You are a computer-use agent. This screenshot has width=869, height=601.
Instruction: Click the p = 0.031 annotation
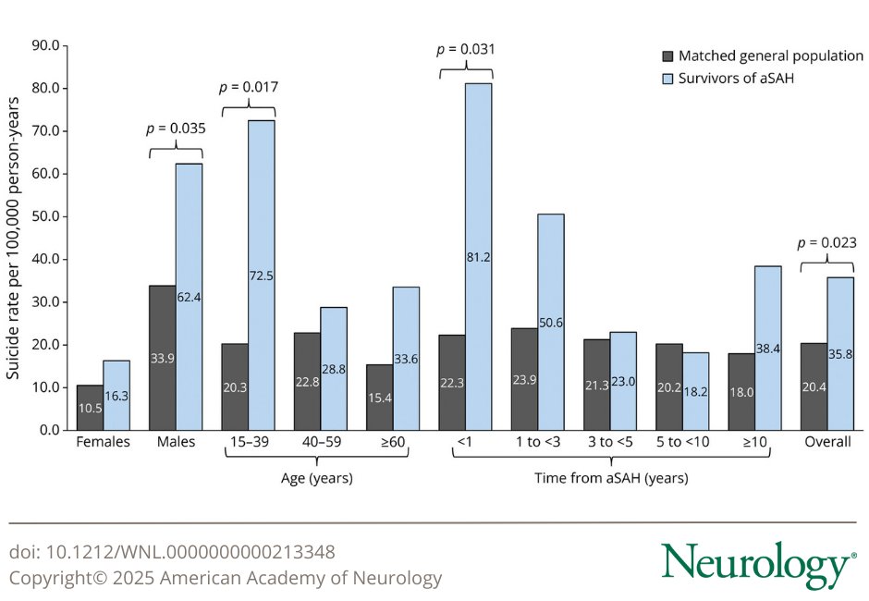[x=465, y=50]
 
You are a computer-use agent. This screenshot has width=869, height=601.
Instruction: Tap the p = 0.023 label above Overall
[x=827, y=243]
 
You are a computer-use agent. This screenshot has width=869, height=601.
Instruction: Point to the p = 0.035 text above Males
[x=176, y=129]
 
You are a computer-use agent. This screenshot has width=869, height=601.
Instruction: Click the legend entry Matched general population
[x=770, y=56]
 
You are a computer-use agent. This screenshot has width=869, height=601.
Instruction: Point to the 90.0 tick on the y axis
[x=45, y=45]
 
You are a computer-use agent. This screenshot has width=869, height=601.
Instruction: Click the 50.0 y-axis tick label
[x=45, y=216]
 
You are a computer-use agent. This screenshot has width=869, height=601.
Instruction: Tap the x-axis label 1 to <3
[x=536, y=442]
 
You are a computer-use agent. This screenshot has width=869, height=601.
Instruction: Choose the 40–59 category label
[x=321, y=442]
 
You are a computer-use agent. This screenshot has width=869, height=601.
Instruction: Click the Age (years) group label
[x=316, y=478]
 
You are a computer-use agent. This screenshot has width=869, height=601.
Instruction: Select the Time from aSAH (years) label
[x=610, y=478]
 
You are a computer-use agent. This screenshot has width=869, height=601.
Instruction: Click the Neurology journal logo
[x=757, y=564]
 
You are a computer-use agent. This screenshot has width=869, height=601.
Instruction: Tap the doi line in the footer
[x=172, y=552]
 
